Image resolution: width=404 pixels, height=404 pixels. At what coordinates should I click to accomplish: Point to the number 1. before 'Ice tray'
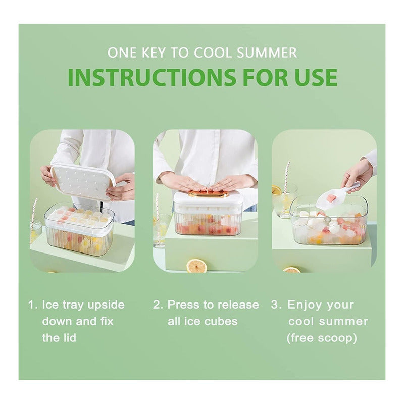pos(33,305)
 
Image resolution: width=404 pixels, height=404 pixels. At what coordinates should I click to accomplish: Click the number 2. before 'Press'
pos(158,305)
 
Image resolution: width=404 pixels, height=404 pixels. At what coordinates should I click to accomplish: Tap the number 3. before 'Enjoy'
pos(276,305)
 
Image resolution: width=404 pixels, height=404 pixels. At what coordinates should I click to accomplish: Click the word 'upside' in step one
pos(106,306)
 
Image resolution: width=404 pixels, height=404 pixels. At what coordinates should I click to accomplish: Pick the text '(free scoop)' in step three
pos(322,338)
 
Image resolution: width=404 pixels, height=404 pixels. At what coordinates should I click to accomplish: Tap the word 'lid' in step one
pos(69,338)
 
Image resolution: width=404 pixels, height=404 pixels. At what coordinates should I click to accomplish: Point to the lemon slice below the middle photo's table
pos(196,266)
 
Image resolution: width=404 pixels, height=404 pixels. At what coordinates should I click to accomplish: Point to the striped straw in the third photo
pos(286,177)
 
